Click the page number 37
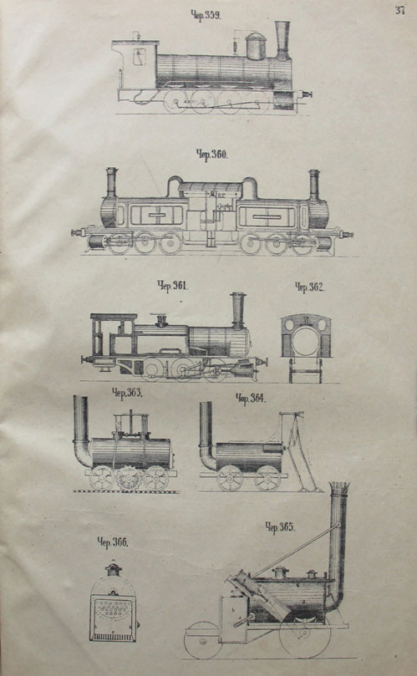pos(399,10)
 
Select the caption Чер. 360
pos(211,155)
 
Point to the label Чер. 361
pos(172,286)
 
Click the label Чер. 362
pos(310,287)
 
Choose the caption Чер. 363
pos(127,393)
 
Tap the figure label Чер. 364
pos(251,398)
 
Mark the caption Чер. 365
pos(280,526)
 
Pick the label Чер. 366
pos(112,542)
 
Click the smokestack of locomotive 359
pos(282,40)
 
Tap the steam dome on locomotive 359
pos(256,46)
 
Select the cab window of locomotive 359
pos(139,57)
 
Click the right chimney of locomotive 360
pos(314,185)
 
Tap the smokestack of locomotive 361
pos(237,310)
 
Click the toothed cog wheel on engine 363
pos(129,478)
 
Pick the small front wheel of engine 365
pos(203,641)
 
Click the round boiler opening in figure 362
pos(306,341)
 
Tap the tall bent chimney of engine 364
pos(206,435)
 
